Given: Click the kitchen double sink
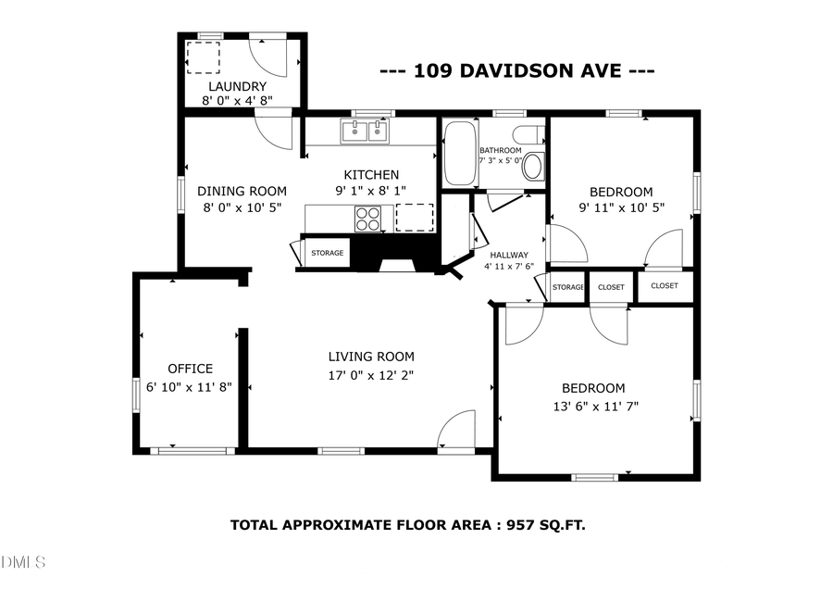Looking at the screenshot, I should pos(366,132).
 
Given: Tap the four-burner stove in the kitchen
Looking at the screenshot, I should pos(367,219).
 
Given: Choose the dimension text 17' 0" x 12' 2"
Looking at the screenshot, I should pos(371,375).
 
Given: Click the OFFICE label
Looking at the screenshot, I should pos(190,369).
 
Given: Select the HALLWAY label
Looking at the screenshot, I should pos(509,255).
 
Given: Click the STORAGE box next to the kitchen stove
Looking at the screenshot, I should pos(327,253).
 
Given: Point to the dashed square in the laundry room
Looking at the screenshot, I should pos(203,57).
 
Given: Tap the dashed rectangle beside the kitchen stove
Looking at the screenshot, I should pos(414,218).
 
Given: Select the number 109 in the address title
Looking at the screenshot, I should pos(430,70).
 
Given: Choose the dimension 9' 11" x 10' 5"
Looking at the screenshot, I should pos(622,208).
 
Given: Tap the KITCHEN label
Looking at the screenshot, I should pos(371,175).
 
